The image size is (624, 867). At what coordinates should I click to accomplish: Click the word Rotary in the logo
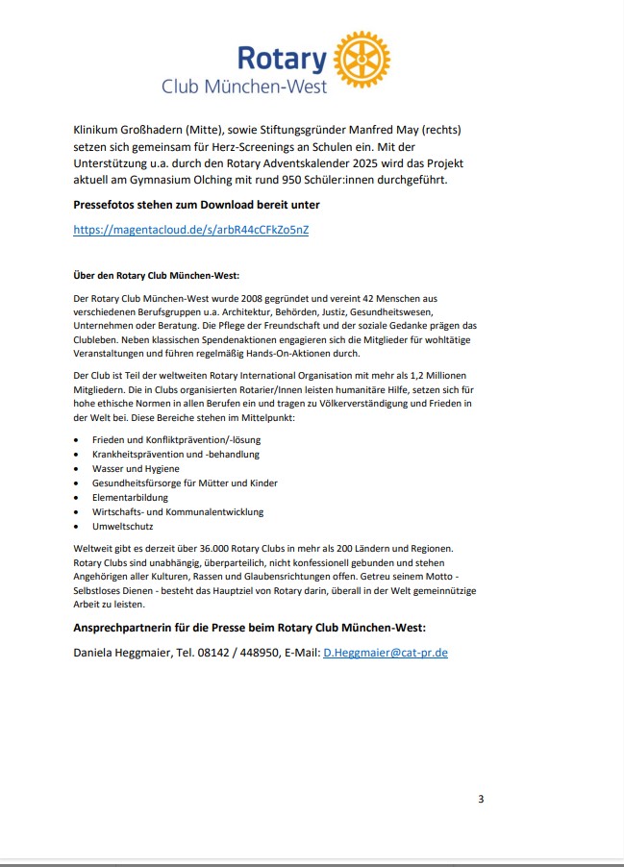pos(281,59)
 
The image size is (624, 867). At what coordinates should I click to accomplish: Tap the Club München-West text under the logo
pos(244,87)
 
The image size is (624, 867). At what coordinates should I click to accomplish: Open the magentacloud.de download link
pos(191,230)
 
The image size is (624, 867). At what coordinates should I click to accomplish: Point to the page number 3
pos(481,799)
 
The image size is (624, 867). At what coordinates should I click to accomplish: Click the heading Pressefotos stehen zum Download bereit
pos(196,205)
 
